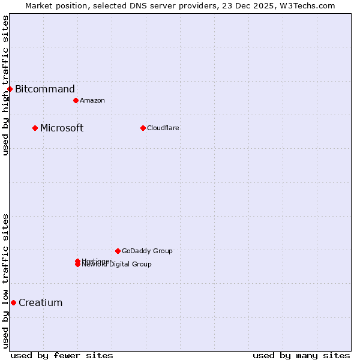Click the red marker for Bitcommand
pos(10,89)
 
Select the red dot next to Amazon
pos(76,100)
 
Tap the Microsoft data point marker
pos(35,128)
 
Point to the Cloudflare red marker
pos(143,128)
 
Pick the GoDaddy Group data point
pos(118,251)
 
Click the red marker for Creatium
pos(13,302)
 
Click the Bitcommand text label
pos(45,89)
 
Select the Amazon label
pos(92,100)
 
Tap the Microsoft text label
pos(62,128)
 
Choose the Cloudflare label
pos(163,128)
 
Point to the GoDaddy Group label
pos(147,251)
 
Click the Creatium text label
pos(41,302)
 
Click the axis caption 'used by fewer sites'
pos(62,355)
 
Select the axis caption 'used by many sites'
pos(301,355)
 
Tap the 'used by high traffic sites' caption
pos(5,85)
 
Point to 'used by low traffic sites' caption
pos(5,281)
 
